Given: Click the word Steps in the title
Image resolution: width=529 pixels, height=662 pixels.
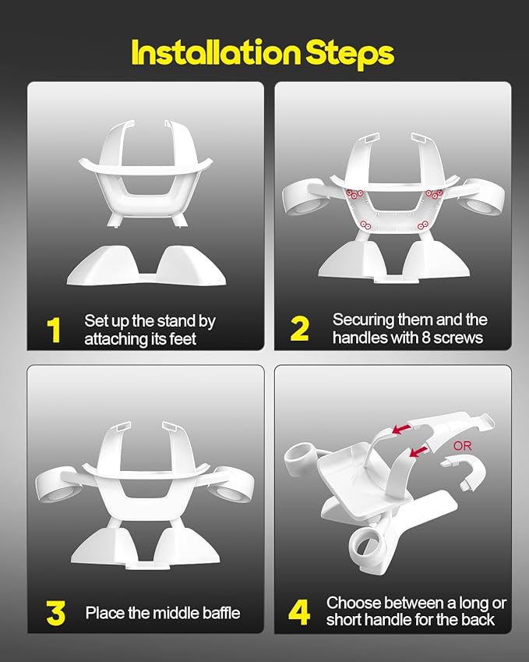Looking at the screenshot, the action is pyautogui.click(x=350, y=54).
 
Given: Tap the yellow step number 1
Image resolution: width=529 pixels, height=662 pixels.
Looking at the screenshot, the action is pyautogui.click(x=54, y=330).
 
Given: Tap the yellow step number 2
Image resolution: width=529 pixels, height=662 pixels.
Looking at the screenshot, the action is pyautogui.click(x=299, y=329).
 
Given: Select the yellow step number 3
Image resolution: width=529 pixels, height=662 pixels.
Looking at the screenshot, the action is pyautogui.click(x=55, y=613).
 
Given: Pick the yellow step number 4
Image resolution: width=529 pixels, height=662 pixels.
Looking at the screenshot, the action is pyautogui.click(x=299, y=613).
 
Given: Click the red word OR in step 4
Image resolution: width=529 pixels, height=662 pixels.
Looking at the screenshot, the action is pyautogui.click(x=463, y=446).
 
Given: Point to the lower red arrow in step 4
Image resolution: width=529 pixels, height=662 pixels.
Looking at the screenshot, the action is pyautogui.click(x=419, y=451).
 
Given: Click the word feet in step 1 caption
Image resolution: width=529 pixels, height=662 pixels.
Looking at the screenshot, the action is pyautogui.click(x=182, y=338).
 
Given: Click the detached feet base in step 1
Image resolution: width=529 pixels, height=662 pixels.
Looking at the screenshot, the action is pyautogui.click(x=146, y=267).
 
